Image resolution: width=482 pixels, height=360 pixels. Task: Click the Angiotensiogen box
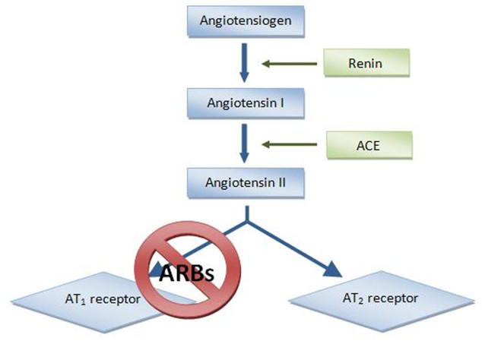pyautogui.click(x=243, y=21)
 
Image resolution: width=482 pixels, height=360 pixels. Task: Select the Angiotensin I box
pyautogui.click(x=243, y=101)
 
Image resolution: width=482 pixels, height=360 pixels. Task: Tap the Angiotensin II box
pyautogui.click(x=243, y=182)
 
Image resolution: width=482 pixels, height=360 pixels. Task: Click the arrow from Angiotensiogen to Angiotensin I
pyautogui.click(x=243, y=62)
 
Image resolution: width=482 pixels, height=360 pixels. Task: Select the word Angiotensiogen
pyautogui.click(x=243, y=21)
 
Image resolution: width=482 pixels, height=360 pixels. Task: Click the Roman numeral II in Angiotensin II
pyautogui.click(x=279, y=182)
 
